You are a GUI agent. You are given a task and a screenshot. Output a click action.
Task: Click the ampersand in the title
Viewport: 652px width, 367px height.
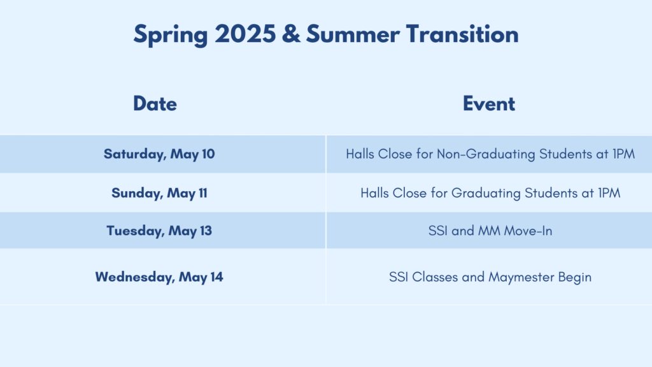[290, 34]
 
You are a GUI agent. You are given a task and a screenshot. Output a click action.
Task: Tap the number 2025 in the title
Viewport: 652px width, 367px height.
[245, 34]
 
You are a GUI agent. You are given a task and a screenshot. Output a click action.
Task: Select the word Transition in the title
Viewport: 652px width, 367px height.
[462, 34]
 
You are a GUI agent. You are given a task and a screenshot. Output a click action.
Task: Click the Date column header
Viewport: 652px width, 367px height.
[155, 104]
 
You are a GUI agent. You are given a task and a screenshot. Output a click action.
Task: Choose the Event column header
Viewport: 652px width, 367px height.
[488, 104]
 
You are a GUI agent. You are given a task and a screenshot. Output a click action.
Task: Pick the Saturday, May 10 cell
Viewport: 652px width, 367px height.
[159, 154]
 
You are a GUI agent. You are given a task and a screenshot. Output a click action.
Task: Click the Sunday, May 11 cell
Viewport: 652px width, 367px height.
[159, 193]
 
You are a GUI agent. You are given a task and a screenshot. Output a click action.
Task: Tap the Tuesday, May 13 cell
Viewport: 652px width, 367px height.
[159, 231]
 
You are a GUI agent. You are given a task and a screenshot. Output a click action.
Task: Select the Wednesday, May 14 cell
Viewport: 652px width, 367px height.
[159, 277]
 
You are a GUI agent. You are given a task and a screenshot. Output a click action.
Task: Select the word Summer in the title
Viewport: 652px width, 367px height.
[353, 34]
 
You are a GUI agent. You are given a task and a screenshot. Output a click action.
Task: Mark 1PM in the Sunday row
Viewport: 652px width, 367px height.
[609, 193]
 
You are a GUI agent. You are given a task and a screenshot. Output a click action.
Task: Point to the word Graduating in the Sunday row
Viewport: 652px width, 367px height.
[486, 194]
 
